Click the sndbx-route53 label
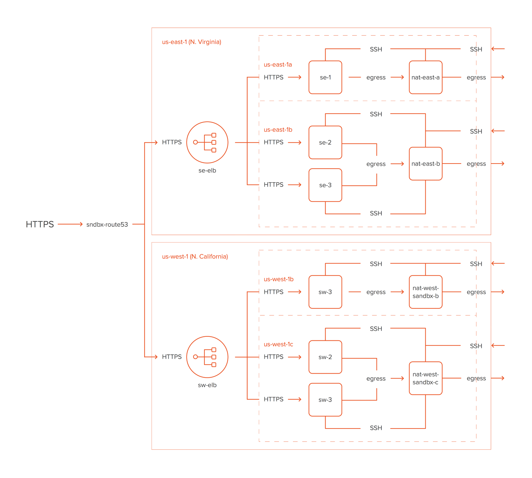click(107, 225)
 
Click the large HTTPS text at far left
click(40, 224)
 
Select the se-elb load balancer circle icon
click(207, 142)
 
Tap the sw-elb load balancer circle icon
click(207, 357)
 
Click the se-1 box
click(325, 77)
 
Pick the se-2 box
click(325, 143)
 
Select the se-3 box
click(325, 185)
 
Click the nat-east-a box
click(426, 77)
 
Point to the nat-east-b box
click(426, 164)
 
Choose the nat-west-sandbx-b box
click(426, 292)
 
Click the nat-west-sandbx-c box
click(426, 378)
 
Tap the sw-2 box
click(325, 357)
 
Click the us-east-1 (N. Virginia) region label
click(192, 42)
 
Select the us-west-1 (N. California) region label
click(195, 257)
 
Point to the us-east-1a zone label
click(278, 65)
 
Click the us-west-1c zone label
click(278, 344)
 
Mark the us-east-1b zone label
click(278, 130)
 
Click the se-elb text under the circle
click(207, 171)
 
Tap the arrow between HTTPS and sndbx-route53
click(70, 224)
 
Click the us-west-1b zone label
click(279, 279)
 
